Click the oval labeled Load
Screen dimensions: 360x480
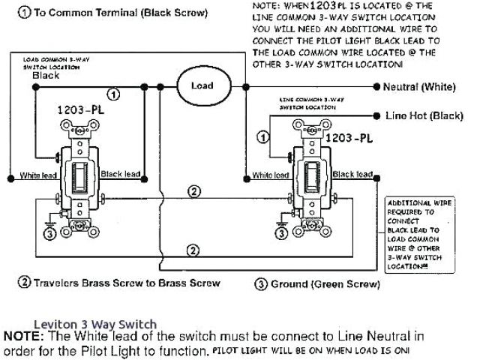[202, 85]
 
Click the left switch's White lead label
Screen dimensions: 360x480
[40, 175]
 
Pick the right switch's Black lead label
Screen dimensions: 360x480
[352, 175]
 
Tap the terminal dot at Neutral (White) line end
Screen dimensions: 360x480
[376, 88]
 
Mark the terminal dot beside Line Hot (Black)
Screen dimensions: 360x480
[376, 116]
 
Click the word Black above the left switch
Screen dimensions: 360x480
[46, 75]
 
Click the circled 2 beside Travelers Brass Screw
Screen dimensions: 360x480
[24, 283]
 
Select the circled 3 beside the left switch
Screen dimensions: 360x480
[50, 234]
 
